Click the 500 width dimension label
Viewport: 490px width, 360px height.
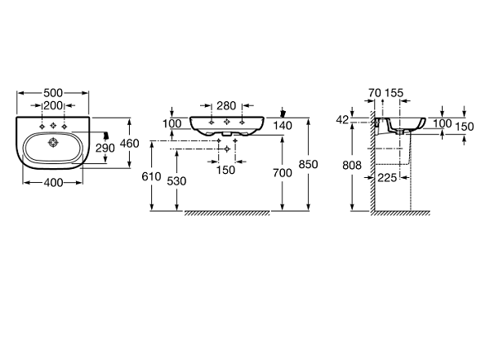[x=53, y=93]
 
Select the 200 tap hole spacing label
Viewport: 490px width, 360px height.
[x=53, y=105]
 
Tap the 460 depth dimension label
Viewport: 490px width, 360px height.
[x=130, y=144]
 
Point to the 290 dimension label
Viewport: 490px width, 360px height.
[x=105, y=148]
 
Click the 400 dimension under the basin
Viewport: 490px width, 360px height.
[x=53, y=183]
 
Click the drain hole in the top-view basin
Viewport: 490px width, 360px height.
[x=53, y=143]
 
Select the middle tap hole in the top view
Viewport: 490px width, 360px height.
[x=53, y=126]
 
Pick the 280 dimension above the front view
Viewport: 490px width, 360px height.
[x=226, y=105]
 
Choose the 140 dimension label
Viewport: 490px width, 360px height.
[x=283, y=126]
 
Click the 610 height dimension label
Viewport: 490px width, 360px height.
[x=151, y=176]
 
